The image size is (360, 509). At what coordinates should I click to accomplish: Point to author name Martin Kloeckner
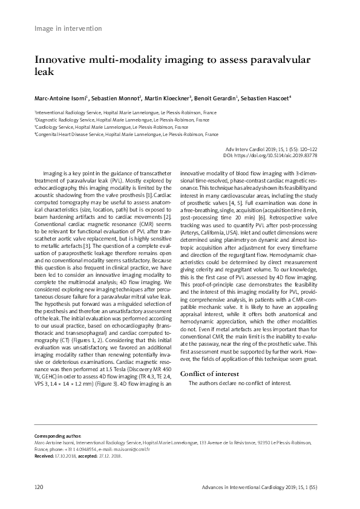click(x=168, y=98)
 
